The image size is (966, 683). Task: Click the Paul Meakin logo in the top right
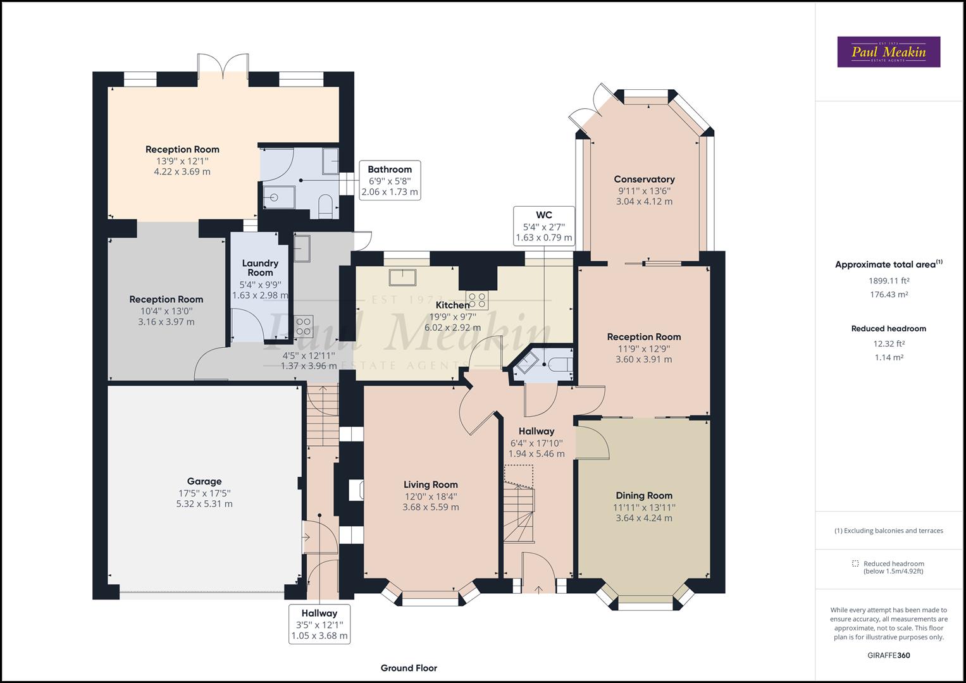pyautogui.click(x=888, y=52)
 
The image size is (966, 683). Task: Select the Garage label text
pyautogui.click(x=204, y=481)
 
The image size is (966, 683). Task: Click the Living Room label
pyautogui.click(x=430, y=484)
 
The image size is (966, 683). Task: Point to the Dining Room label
pyautogui.click(x=644, y=495)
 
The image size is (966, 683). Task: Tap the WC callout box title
pyautogui.click(x=543, y=215)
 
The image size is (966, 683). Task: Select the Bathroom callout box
pyautogui.click(x=389, y=180)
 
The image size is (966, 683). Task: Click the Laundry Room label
pyautogui.click(x=259, y=268)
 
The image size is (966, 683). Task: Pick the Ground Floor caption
pyautogui.click(x=409, y=668)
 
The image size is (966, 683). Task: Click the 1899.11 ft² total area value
pyautogui.click(x=888, y=281)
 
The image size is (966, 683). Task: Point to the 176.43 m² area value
pyautogui.click(x=888, y=295)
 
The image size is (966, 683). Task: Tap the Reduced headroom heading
pyautogui.click(x=888, y=328)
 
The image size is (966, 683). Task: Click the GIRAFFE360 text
pyautogui.click(x=888, y=656)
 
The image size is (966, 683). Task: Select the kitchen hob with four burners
pyautogui.click(x=477, y=300)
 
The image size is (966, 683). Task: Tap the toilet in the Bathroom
pyautogui.click(x=326, y=206)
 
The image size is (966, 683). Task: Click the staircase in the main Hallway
pyautogui.click(x=519, y=506)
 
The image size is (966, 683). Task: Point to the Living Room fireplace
pyautogui.click(x=357, y=490)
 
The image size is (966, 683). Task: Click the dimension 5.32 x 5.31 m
pyautogui.click(x=204, y=504)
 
